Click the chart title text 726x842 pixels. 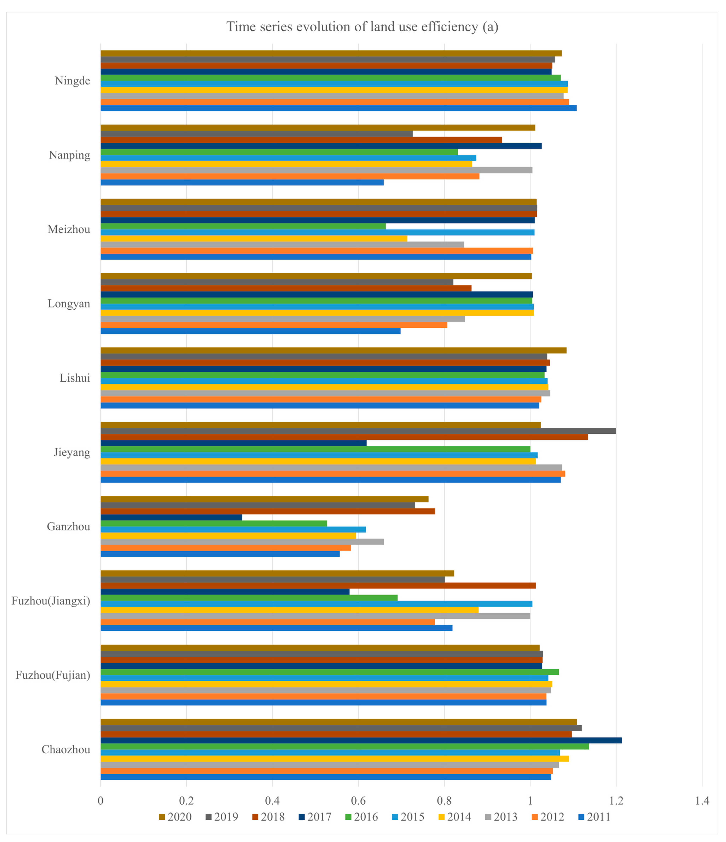click(362, 27)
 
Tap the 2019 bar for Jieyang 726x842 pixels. click(358, 431)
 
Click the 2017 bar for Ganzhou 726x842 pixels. click(171, 517)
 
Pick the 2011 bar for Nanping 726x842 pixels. click(242, 182)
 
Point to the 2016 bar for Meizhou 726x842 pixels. click(243, 226)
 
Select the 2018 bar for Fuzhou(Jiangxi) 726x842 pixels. click(318, 586)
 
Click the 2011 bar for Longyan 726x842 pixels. click(251, 331)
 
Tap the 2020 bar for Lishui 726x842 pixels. click(333, 350)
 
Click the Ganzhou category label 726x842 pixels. click(69, 527)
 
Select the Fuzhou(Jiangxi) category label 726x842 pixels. click(51, 601)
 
